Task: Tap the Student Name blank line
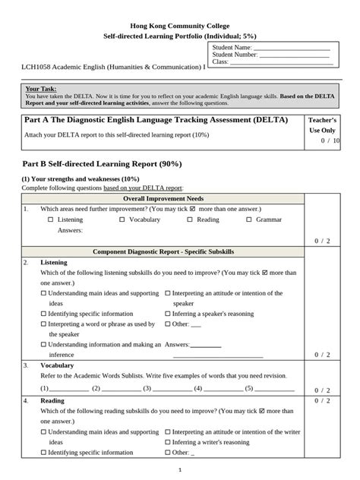pos(292,48)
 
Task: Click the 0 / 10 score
pos(330,141)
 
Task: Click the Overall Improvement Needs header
pos(163,198)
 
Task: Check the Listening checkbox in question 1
pos(50,219)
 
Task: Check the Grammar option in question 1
pos(249,219)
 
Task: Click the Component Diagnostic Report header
pos(163,251)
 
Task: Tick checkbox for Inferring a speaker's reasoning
pos(167,313)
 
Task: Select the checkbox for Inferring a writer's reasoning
pos(167,442)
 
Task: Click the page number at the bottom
pos(179,470)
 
